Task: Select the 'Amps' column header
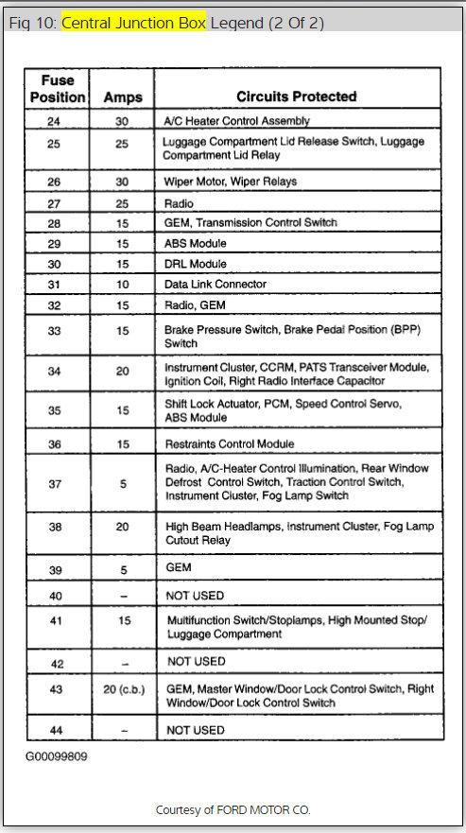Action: pyautogui.click(x=122, y=96)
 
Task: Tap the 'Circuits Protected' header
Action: pyautogui.click(x=296, y=96)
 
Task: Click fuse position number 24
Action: pyautogui.click(x=54, y=121)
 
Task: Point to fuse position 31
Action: pyautogui.click(x=54, y=284)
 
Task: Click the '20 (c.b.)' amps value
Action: pyautogui.click(x=123, y=689)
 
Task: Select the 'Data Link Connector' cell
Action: pyautogui.click(x=216, y=284)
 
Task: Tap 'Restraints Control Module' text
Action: pyautogui.click(x=229, y=443)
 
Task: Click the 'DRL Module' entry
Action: pyautogui.click(x=196, y=264)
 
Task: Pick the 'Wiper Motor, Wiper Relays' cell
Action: pyautogui.click(x=230, y=182)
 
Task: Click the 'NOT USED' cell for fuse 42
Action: pyautogui.click(x=196, y=661)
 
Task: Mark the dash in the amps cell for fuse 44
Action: pyautogui.click(x=122, y=730)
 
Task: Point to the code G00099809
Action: pyautogui.click(x=58, y=756)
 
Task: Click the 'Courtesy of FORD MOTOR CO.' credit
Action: pyautogui.click(x=233, y=810)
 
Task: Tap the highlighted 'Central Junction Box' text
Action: pyautogui.click(x=133, y=23)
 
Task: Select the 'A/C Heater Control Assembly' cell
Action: pyautogui.click(x=237, y=121)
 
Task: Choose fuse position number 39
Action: pyautogui.click(x=54, y=568)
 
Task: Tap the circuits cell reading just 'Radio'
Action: pyautogui.click(x=180, y=202)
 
